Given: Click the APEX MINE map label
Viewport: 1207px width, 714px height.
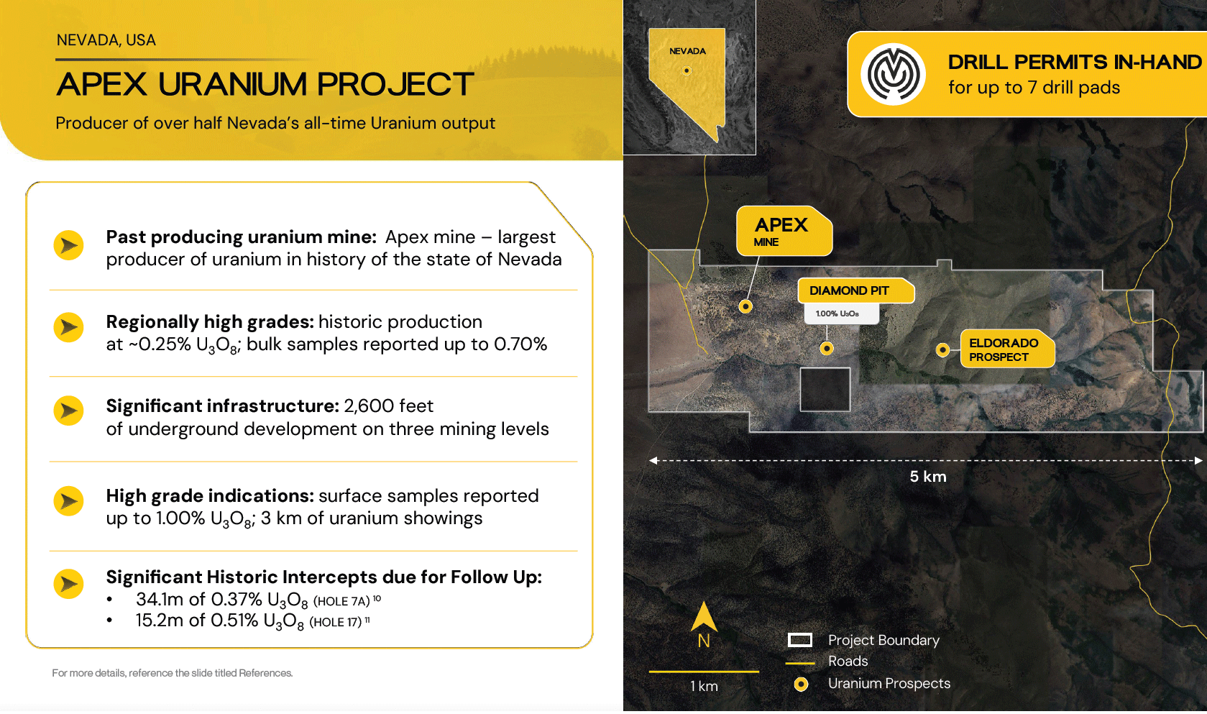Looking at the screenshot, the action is tap(784, 231).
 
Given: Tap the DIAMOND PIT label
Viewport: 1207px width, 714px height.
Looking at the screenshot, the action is tap(855, 291).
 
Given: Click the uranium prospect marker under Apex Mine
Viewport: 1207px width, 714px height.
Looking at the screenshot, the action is tap(745, 306).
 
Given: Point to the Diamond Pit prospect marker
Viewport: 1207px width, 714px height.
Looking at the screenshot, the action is tap(827, 349).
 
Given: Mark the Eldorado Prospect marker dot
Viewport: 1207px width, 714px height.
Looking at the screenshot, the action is tap(942, 350).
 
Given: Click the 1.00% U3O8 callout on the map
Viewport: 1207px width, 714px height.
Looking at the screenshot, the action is tap(841, 313).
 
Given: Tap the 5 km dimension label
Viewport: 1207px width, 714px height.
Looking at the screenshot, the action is tap(928, 477).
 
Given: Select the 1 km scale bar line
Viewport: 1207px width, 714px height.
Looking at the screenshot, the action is tap(704, 672).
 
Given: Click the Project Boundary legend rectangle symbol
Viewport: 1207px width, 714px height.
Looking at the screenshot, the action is tap(799, 640).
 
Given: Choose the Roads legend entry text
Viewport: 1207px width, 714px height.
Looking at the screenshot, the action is tap(848, 662).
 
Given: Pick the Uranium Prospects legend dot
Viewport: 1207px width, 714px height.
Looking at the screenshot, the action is tap(802, 685).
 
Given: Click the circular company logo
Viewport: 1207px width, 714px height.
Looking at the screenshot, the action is tap(893, 74).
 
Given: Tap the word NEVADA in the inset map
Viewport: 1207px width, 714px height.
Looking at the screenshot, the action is tap(687, 51).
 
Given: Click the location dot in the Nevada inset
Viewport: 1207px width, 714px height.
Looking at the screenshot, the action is tap(687, 70).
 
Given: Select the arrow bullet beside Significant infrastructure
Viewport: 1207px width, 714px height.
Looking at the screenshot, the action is tap(68, 411).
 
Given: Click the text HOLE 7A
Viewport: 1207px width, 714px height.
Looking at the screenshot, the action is tap(341, 601).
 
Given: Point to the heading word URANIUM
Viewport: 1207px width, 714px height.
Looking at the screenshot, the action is tap(232, 84).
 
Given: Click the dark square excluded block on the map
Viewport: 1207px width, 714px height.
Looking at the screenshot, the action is tap(825, 390).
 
